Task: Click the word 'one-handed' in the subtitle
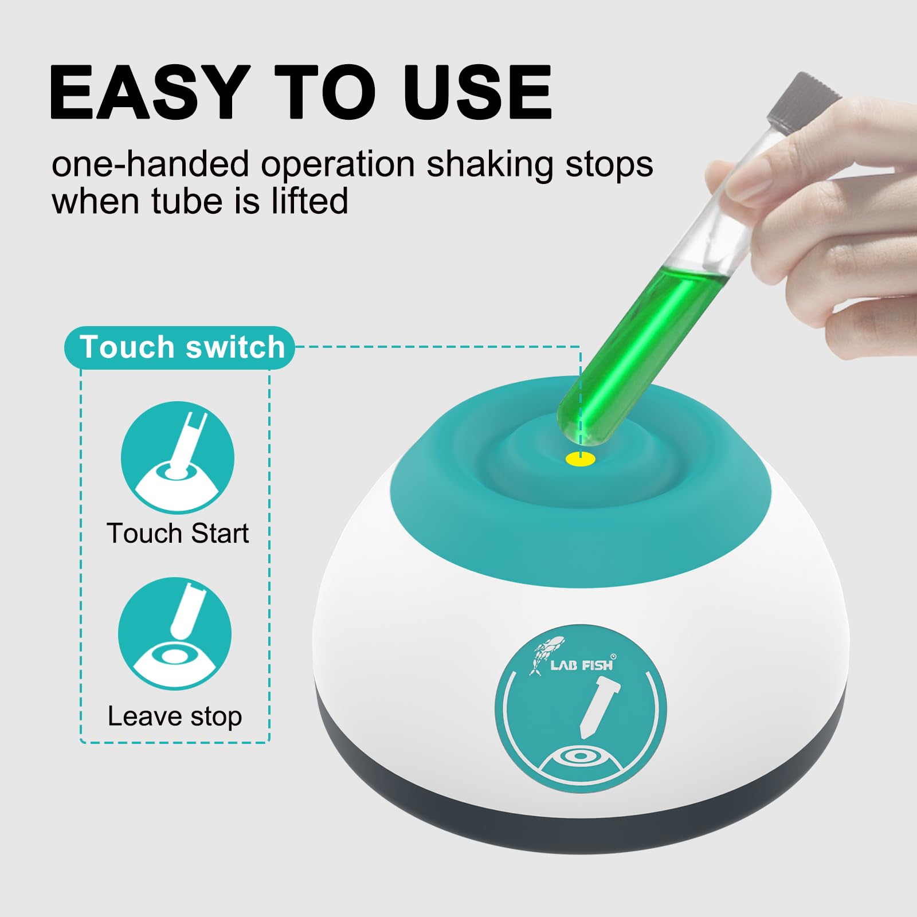(x=151, y=164)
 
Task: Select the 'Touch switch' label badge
(x=180, y=347)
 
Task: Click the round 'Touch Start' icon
(x=178, y=458)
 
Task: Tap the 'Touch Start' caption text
(x=178, y=533)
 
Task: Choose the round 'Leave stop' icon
(x=175, y=634)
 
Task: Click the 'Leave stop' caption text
(x=175, y=716)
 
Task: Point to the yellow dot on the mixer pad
(x=581, y=458)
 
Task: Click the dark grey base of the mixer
(x=579, y=797)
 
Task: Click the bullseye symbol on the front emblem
(x=581, y=755)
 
